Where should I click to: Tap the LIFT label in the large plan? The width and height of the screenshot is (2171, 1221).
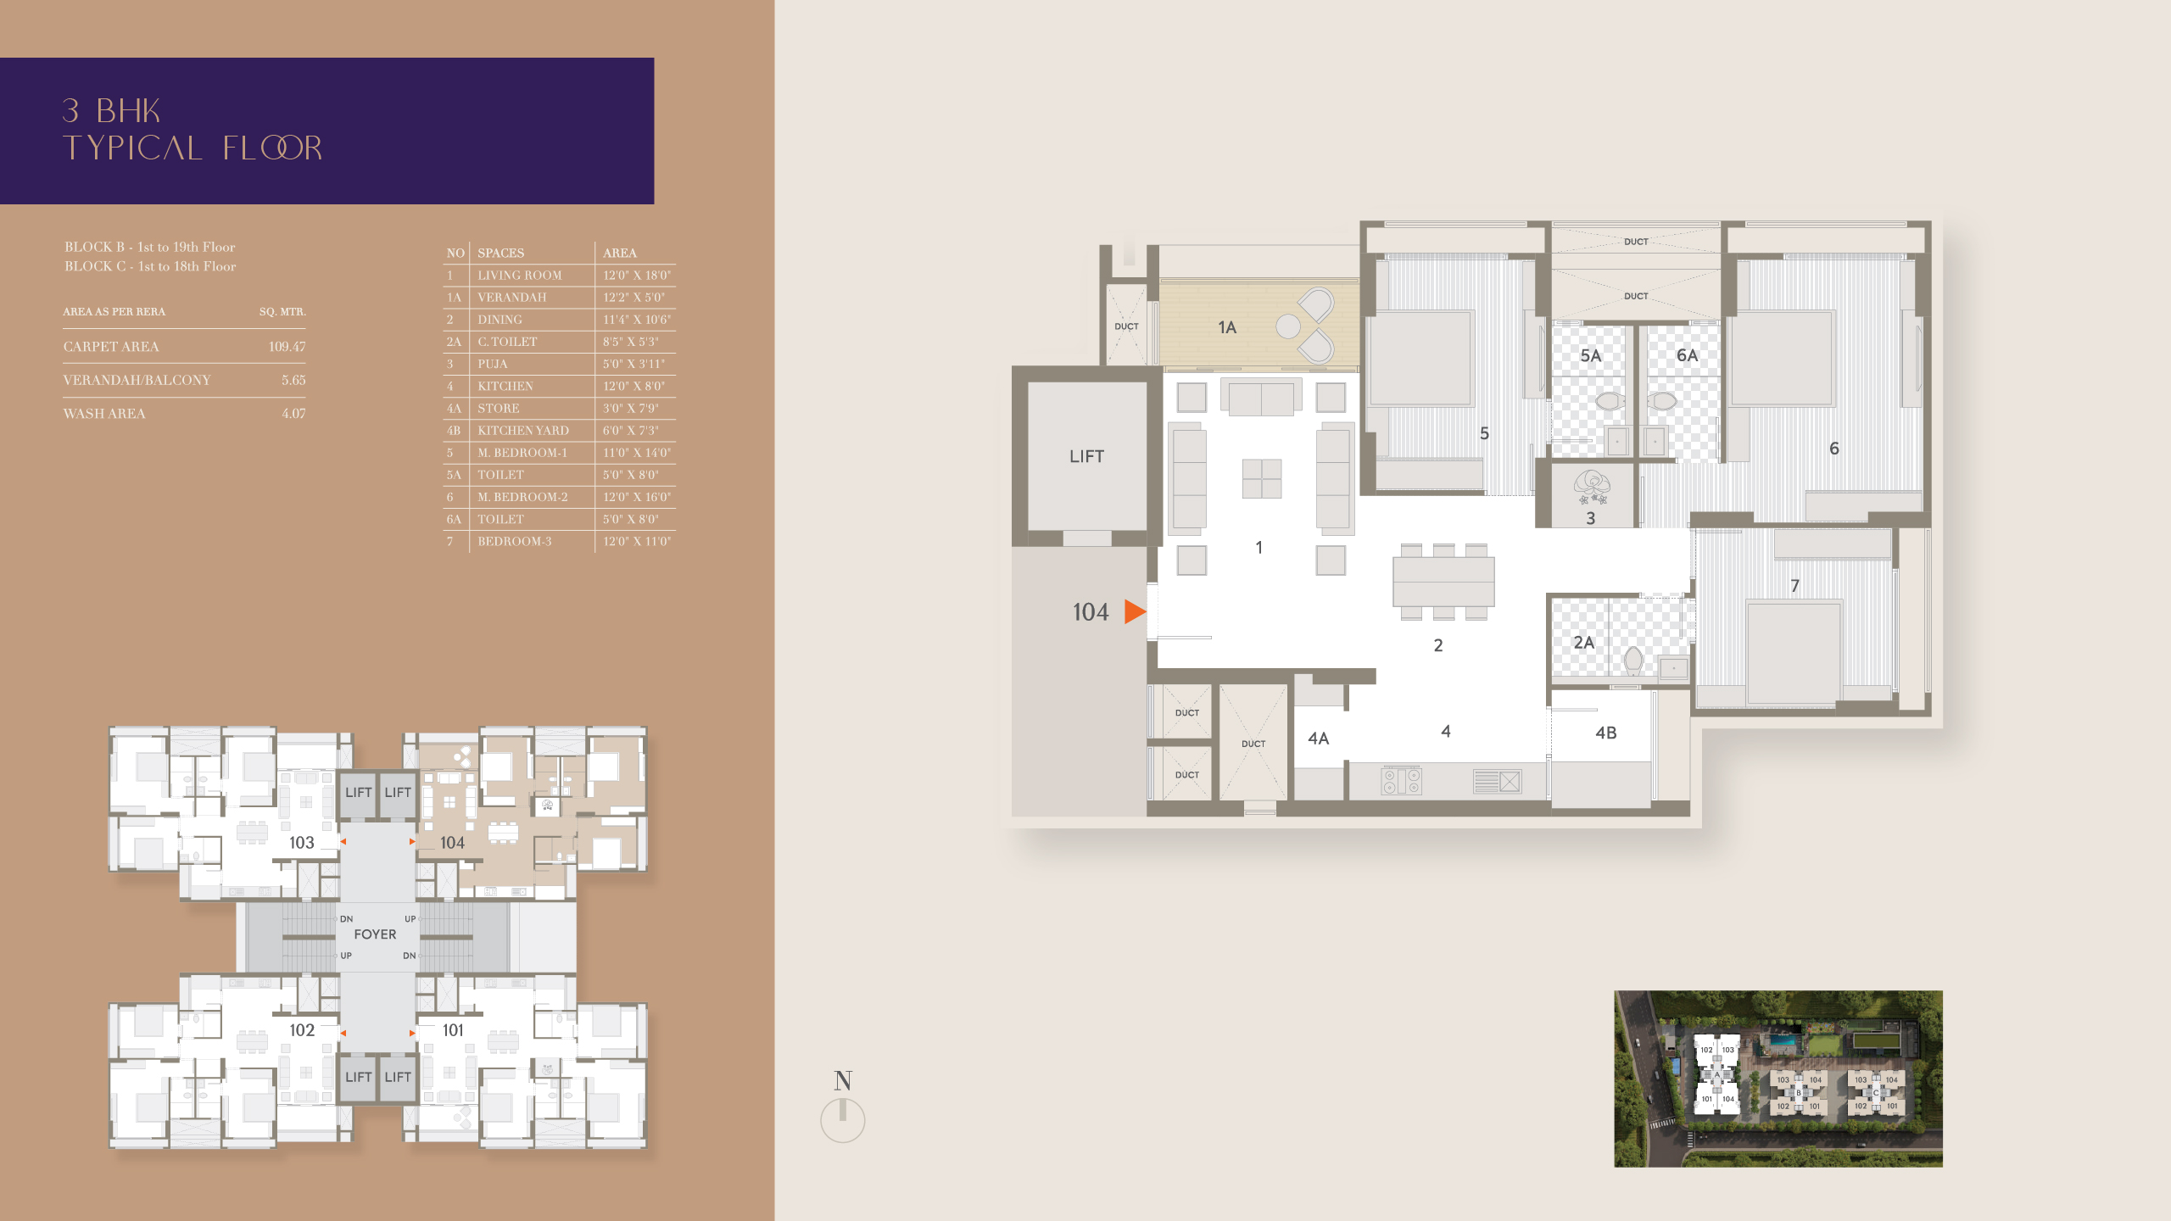click(1086, 456)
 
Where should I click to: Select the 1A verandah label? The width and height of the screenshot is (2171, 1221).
click(1227, 327)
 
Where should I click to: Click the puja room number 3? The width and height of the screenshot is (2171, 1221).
click(1590, 518)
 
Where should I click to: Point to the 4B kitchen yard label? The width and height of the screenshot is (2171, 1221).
click(1605, 733)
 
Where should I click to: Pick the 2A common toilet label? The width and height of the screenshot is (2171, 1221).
click(1583, 643)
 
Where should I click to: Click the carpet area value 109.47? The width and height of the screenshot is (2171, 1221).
click(287, 347)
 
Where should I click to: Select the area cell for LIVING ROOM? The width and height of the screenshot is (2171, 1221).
click(636, 276)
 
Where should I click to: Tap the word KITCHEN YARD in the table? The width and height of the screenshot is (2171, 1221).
click(522, 431)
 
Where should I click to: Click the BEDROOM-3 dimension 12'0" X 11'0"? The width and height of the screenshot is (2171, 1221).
click(636, 542)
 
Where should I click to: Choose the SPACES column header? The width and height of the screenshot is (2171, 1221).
click(500, 253)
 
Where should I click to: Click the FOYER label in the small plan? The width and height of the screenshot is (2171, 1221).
click(375, 934)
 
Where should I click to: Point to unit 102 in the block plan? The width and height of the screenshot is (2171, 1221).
click(301, 1030)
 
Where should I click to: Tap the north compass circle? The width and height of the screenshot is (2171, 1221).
click(842, 1120)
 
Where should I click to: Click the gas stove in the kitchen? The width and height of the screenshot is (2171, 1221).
click(1401, 781)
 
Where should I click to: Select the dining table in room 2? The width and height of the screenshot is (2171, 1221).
click(1443, 582)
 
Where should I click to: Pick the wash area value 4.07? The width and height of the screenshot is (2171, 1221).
click(293, 414)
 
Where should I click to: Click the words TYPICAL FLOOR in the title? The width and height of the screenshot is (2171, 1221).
click(193, 148)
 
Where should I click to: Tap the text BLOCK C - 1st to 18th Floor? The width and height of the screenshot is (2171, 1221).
click(150, 266)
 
